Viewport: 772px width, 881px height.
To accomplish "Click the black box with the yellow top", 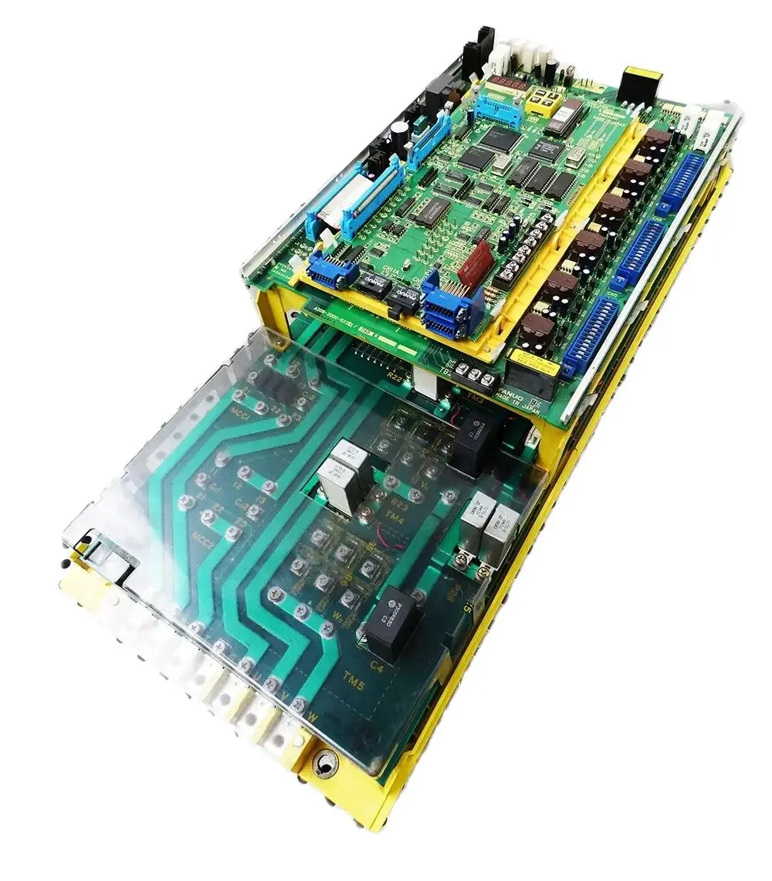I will click(x=640, y=86).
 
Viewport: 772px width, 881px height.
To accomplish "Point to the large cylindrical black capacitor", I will click(x=400, y=131).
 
